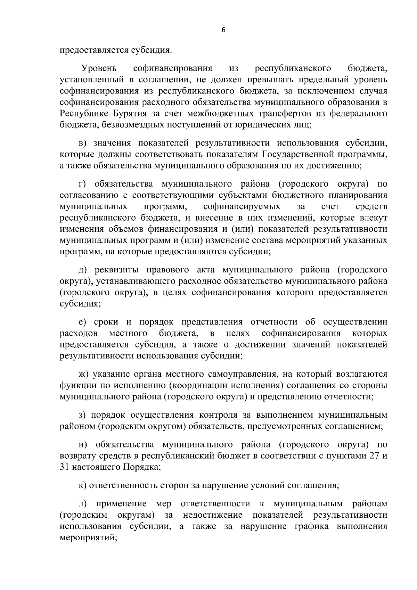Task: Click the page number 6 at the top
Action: click(x=223, y=30)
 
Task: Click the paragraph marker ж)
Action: click(x=84, y=374)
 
